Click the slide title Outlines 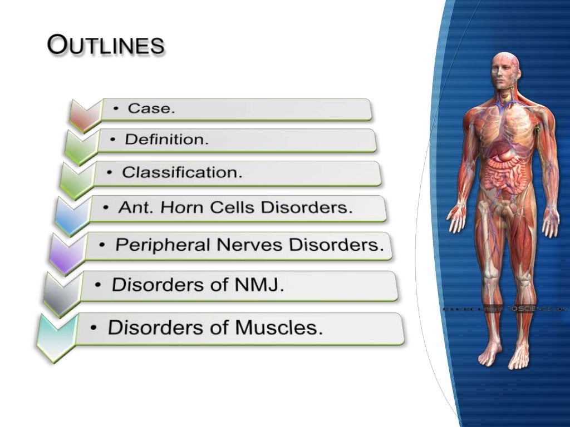coord(106,45)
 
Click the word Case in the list coord(151,108)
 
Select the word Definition coord(166,140)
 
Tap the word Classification coord(182,172)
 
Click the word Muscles coord(278,327)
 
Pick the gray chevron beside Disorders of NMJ coord(61,295)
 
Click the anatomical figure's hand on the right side coord(551,222)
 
